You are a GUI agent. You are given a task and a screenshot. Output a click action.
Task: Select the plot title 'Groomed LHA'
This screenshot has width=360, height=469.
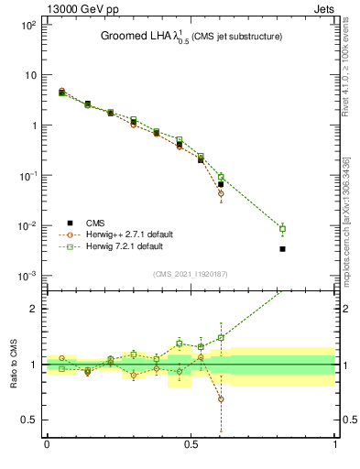tap(130, 36)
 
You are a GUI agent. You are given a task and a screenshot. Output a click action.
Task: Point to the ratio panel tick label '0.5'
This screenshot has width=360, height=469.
tap(28, 420)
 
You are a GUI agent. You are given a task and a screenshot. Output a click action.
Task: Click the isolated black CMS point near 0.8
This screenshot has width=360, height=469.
tap(283, 248)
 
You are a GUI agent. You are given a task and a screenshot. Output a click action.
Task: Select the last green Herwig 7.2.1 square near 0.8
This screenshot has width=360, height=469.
tap(283, 229)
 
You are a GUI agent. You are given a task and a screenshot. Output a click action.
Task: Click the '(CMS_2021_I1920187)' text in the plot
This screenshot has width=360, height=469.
tap(191, 274)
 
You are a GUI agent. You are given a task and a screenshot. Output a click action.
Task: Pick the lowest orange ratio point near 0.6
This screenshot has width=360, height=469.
tap(221, 398)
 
